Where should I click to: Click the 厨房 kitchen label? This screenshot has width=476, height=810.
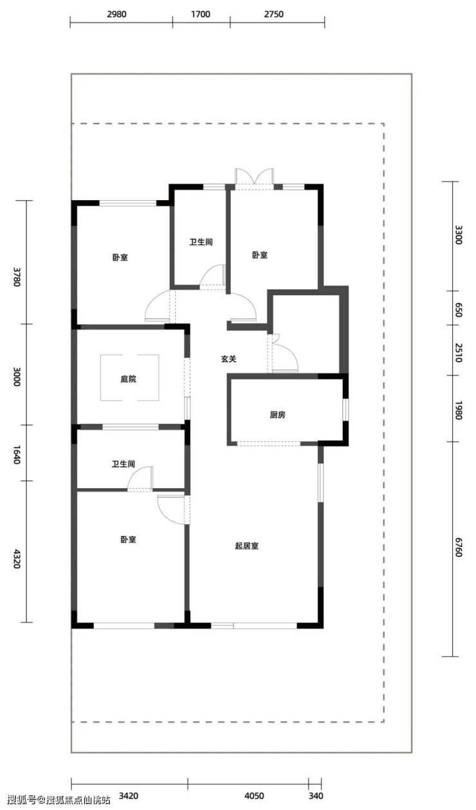pyautogui.click(x=277, y=415)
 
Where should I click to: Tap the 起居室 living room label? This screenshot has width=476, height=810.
pyautogui.click(x=246, y=546)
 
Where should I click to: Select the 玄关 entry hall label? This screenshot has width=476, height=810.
pyautogui.click(x=228, y=359)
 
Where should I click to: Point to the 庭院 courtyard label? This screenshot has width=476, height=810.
pyautogui.click(x=128, y=379)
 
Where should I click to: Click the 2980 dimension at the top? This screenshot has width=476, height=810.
pyautogui.click(x=116, y=14)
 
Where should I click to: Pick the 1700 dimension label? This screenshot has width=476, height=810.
pyautogui.click(x=201, y=14)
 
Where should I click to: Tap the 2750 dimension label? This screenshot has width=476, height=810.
pyautogui.click(x=273, y=14)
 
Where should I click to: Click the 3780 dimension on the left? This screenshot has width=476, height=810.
pyautogui.click(x=17, y=277)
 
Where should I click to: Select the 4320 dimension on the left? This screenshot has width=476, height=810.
pyautogui.click(x=17, y=558)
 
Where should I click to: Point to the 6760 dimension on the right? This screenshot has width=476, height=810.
pyautogui.click(x=458, y=547)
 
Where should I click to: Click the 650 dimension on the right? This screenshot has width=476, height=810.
pyautogui.click(x=458, y=310)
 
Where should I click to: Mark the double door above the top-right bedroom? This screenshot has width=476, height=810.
pyautogui.click(x=255, y=178)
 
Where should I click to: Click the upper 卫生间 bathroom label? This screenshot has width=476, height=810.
pyautogui.click(x=201, y=242)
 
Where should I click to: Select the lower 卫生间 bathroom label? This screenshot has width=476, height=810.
pyautogui.click(x=124, y=464)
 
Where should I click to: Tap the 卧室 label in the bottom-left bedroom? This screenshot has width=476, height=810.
pyautogui.click(x=128, y=540)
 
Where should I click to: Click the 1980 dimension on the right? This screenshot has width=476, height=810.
pyautogui.click(x=458, y=410)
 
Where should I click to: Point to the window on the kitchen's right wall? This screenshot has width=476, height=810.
pyautogui.click(x=345, y=410)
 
